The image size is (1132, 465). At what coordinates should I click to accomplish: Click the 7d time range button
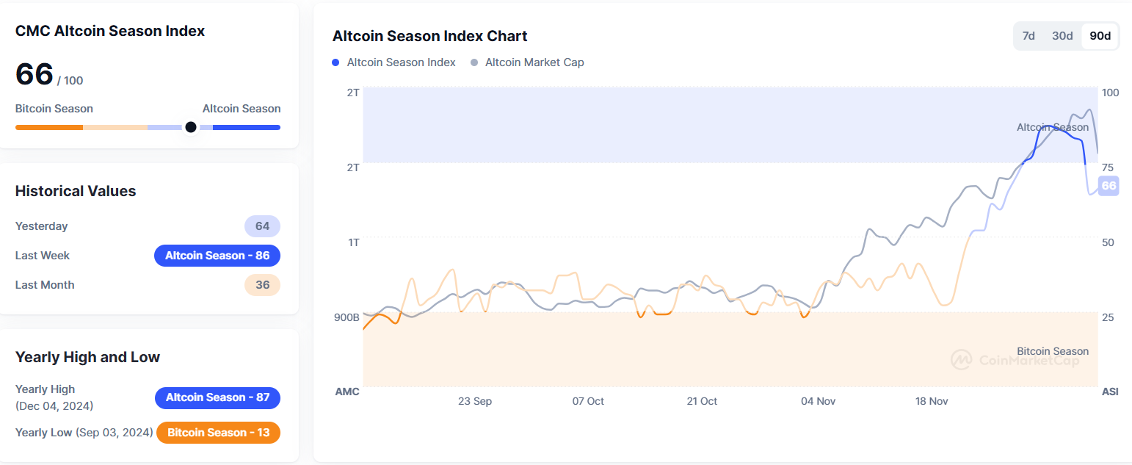click(1028, 36)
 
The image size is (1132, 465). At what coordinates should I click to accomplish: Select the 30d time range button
click(1062, 36)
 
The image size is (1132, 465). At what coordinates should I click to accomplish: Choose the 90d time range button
click(1100, 36)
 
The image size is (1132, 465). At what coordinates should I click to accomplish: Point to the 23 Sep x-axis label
click(475, 401)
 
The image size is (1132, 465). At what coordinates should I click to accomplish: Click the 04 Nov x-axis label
click(818, 401)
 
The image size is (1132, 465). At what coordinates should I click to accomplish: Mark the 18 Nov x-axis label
click(932, 401)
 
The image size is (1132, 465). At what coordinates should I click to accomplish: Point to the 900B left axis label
click(347, 317)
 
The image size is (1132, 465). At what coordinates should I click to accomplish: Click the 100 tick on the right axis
click(1110, 93)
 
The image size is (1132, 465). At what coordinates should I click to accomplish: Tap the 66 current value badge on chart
click(1109, 186)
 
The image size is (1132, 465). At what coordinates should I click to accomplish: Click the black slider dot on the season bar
click(191, 127)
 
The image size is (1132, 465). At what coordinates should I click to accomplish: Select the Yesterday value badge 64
click(262, 226)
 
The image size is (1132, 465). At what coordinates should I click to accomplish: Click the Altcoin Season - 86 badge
click(217, 256)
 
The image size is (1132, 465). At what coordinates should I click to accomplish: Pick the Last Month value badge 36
click(262, 285)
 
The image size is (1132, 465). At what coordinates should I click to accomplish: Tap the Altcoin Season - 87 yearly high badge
click(217, 397)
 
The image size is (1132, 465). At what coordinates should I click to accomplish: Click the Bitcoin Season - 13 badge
click(218, 433)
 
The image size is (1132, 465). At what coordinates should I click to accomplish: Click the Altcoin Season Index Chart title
click(429, 36)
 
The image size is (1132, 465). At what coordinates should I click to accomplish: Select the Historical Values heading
click(76, 191)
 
